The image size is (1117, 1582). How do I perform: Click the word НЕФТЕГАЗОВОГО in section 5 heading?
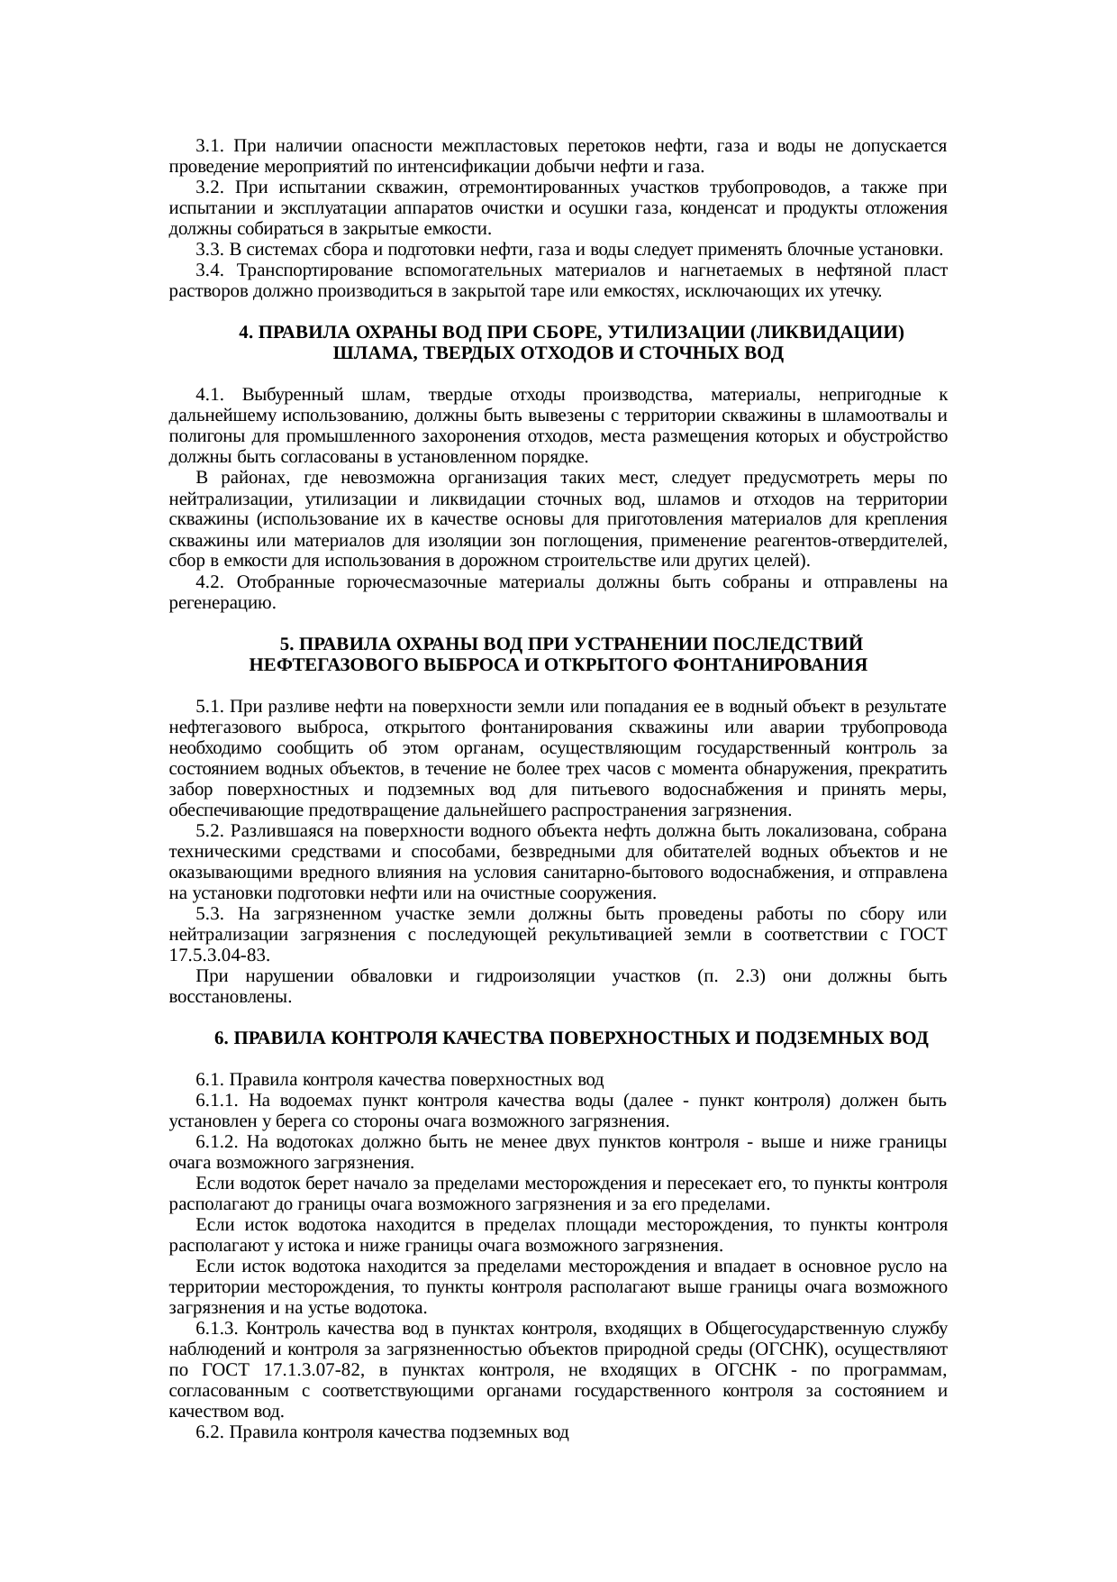[320, 665]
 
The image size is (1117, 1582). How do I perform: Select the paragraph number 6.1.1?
[216, 1101]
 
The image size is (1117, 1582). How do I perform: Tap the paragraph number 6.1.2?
[216, 1142]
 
